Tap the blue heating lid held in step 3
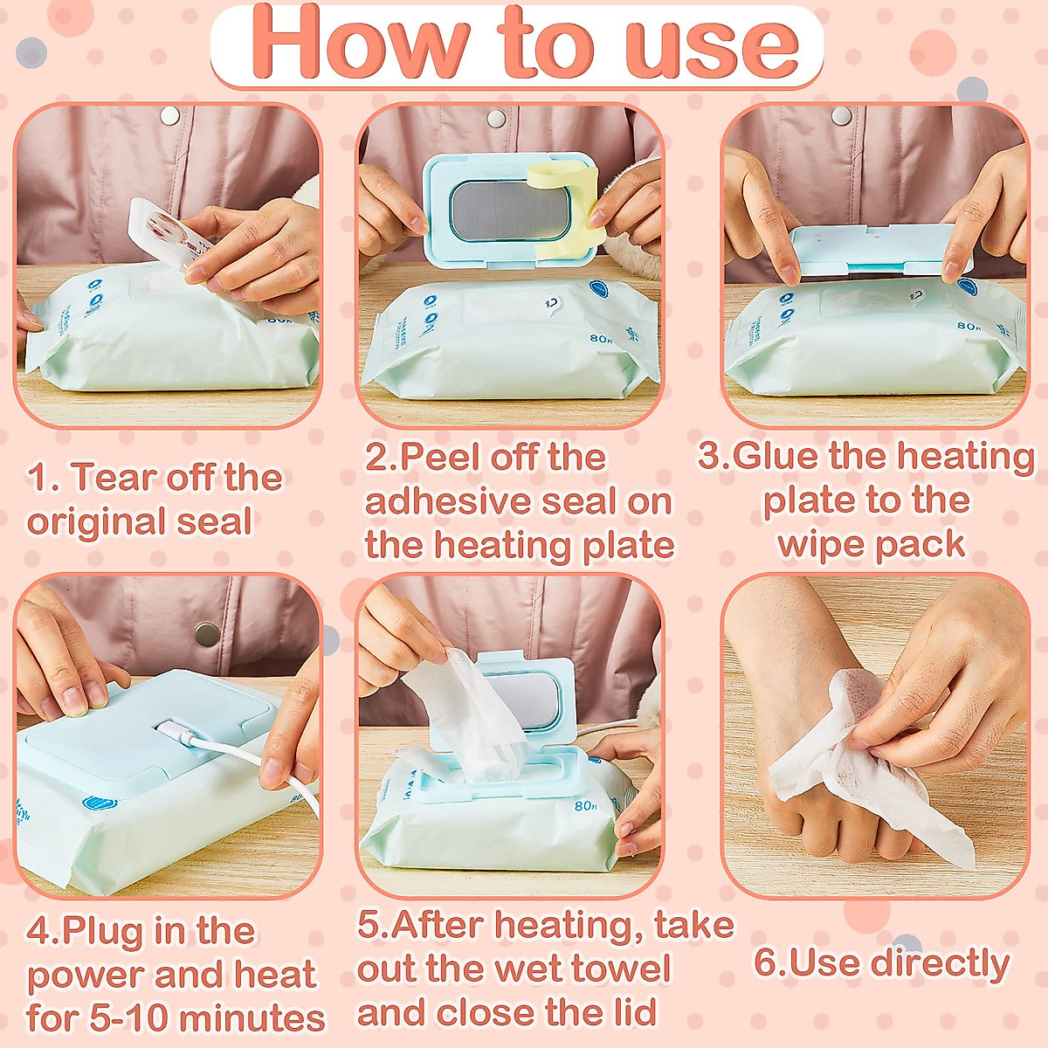click(x=882, y=251)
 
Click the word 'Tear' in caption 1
click(x=114, y=478)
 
